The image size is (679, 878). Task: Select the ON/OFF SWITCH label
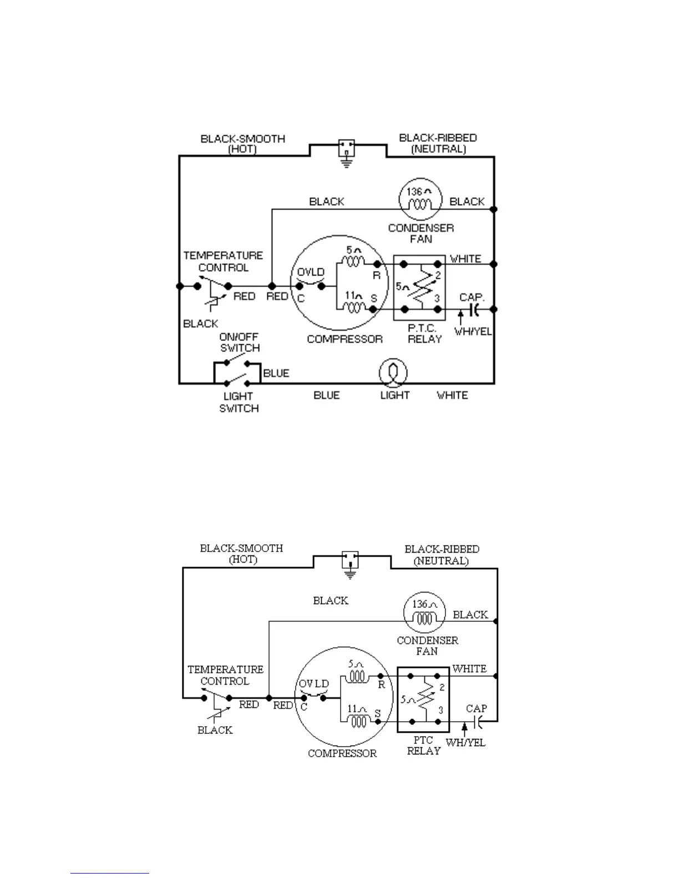point(240,343)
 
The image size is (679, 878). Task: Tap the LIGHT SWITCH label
point(239,402)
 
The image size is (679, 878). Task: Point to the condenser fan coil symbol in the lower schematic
point(424,612)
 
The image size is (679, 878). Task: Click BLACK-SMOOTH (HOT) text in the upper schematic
point(242,144)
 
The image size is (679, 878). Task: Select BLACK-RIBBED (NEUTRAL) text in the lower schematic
point(442,555)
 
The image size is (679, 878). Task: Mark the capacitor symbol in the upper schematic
point(474,310)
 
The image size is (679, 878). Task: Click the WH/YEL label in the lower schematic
point(465,742)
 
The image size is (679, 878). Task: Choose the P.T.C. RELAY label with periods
point(424,334)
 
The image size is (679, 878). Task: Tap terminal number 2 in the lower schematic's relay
point(442,687)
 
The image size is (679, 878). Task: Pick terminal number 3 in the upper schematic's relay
point(437,298)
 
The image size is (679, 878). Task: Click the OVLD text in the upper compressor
point(311,273)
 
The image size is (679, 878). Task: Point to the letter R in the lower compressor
point(382,685)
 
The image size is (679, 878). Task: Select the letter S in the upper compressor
point(373,298)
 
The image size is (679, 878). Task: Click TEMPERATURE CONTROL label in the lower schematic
point(225,675)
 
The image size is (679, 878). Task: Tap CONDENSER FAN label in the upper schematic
point(421,233)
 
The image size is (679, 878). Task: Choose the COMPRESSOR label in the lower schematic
point(342,753)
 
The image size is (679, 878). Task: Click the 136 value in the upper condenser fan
point(415,192)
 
